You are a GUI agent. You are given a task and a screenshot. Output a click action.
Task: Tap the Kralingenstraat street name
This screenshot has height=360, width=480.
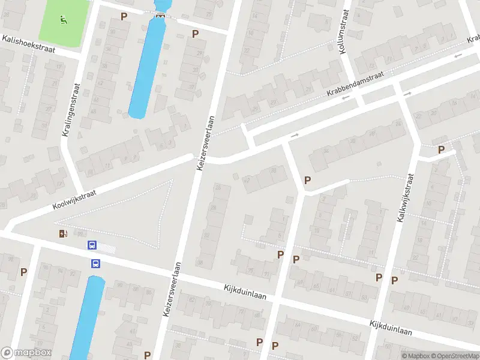(71, 109)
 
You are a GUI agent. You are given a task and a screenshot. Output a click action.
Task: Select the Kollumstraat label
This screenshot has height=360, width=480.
(344, 35)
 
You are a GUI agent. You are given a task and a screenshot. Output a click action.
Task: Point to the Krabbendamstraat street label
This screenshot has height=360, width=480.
(355, 86)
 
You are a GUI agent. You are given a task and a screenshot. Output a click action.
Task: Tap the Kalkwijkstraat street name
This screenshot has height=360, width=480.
(405, 199)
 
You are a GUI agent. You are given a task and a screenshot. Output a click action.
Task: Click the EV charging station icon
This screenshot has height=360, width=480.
(62, 233)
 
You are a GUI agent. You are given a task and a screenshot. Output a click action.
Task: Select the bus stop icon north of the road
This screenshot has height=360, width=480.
(92, 245)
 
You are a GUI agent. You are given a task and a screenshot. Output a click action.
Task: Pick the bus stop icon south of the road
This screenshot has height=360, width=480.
(95, 263)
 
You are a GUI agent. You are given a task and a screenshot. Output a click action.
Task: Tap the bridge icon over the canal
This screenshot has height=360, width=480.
(160, 15)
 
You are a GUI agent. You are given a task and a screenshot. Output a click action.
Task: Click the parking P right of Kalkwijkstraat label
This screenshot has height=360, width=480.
(442, 149)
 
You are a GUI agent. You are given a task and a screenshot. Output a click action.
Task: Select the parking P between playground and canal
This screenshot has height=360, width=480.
(124, 16)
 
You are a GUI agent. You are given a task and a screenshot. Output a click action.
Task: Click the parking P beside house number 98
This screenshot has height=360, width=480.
(24, 272)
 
